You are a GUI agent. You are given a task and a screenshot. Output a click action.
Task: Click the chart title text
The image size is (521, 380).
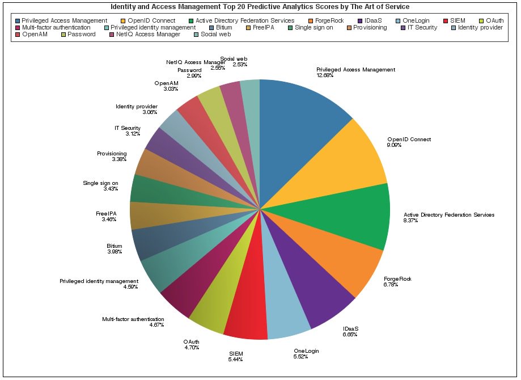(x=260, y=7)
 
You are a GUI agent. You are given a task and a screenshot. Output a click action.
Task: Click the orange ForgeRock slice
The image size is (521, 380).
(x=340, y=261)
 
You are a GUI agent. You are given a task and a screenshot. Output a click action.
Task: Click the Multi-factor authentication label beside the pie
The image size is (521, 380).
(x=133, y=319)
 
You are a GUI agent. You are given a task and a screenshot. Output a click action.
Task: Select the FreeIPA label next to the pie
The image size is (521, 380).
(x=106, y=213)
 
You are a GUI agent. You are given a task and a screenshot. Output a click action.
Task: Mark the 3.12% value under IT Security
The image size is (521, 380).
(x=133, y=133)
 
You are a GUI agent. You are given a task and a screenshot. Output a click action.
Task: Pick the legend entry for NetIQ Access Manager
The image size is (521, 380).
(x=148, y=35)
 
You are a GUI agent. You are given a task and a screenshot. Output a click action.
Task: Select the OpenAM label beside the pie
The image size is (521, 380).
(x=167, y=83)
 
